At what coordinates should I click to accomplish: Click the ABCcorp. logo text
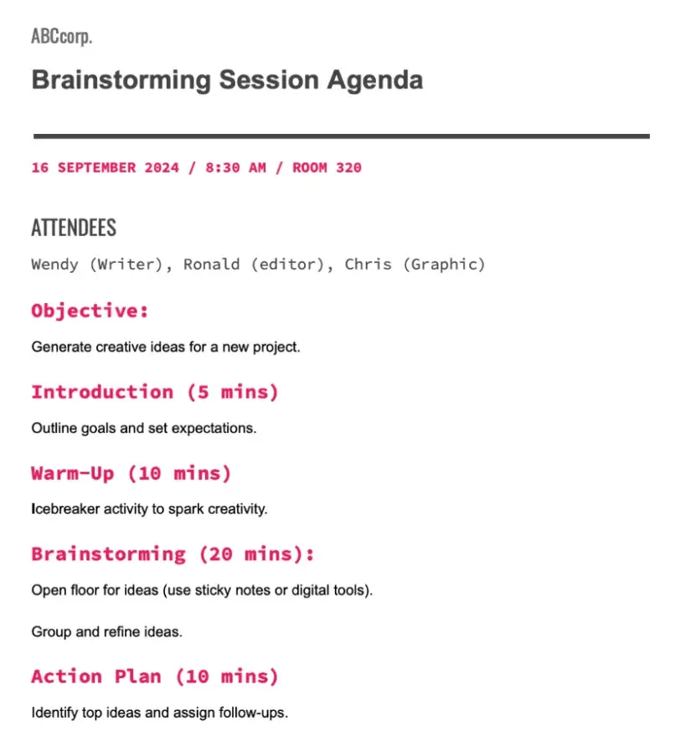(x=61, y=36)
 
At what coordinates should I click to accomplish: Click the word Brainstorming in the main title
(x=121, y=80)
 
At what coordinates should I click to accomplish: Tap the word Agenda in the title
(x=374, y=80)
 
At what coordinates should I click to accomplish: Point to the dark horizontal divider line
(x=342, y=136)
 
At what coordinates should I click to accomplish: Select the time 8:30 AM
(x=235, y=167)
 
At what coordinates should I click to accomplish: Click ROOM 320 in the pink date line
(x=327, y=167)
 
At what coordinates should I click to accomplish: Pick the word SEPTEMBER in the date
(x=96, y=167)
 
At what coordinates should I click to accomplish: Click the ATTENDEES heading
(x=74, y=228)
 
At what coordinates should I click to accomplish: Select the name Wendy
(x=54, y=264)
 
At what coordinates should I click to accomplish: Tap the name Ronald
(x=211, y=264)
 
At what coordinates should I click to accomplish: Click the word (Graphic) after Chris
(x=444, y=265)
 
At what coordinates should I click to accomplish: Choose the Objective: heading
(x=90, y=311)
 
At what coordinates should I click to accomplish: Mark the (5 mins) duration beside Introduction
(x=233, y=392)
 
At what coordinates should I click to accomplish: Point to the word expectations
(x=214, y=429)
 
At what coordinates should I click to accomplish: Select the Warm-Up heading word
(x=73, y=473)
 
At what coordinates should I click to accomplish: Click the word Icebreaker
(x=65, y=509)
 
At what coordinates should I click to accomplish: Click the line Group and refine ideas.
(x=107, y=632)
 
